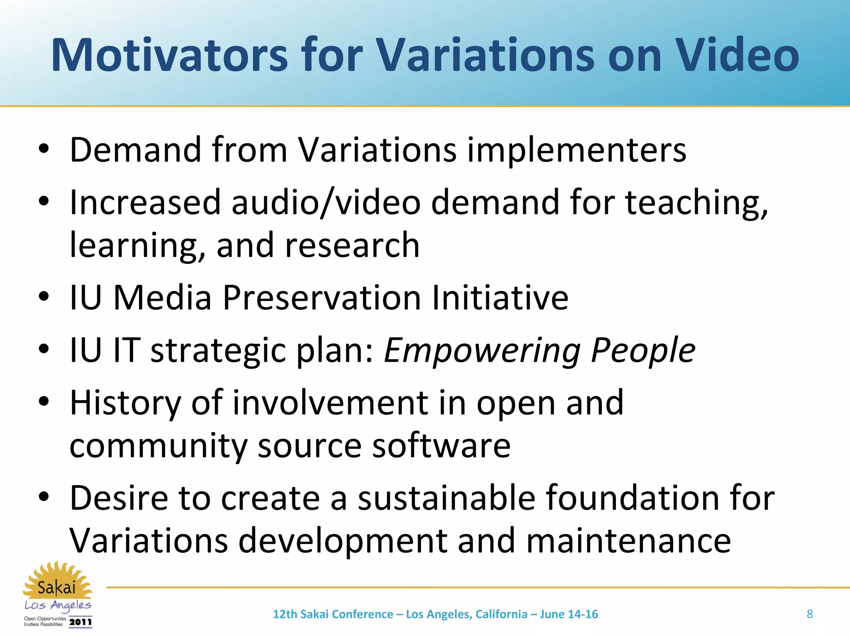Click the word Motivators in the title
tap(169, 55)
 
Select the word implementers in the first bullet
tap(577, 150)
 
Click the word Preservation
tap(322, 297)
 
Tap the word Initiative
tap(500, 297)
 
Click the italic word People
tap(643, 351)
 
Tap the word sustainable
tap(447, 498)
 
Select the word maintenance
tap(628, 541)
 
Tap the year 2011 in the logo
tap(81, 622)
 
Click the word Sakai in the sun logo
tap(56, 588)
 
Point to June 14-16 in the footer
tap(569, 614)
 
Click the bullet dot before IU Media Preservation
tap(44, 297)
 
